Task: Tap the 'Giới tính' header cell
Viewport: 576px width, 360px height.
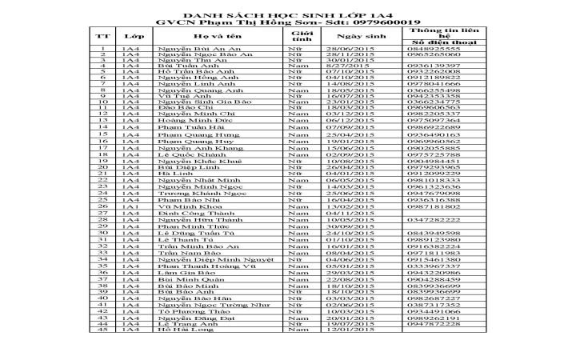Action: click(301, 37)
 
